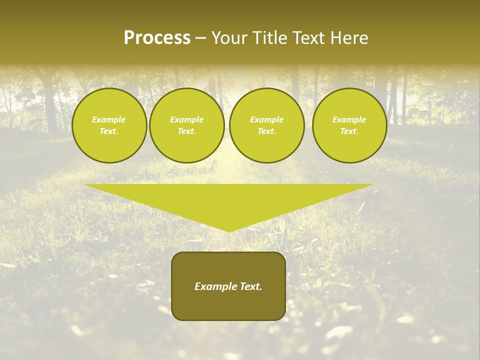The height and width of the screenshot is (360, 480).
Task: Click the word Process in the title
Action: (x=157, y=38)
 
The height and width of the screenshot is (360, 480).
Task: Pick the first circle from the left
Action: (x=109, y=125)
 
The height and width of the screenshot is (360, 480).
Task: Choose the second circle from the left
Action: (x=186, y=125)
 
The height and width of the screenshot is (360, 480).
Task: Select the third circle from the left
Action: (x=266, y=125)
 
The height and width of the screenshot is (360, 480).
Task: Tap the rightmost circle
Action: (x=349, y=125)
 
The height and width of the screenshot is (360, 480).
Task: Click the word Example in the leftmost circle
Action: (x=109, y=120)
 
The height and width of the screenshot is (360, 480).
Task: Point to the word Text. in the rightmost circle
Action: (x=349, y=131)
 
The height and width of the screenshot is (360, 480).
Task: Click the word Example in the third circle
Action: (x=266, y=120)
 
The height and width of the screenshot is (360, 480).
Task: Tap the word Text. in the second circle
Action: (x=186, y=131)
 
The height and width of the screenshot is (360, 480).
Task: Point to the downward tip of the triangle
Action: (x=228, y=230)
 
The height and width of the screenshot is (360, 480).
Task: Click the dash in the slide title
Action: (x=201, y=38)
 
